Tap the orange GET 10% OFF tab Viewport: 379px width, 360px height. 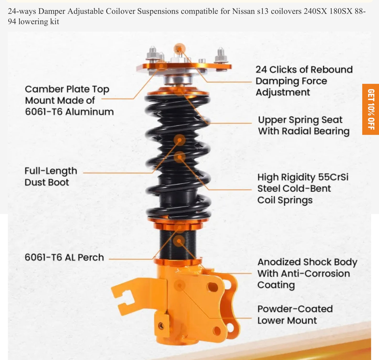coord(371,109)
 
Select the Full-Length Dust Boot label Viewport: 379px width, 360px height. coord(51,176)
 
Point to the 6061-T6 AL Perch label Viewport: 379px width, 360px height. coord(64,257)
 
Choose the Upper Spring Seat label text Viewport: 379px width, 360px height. coord(303,125)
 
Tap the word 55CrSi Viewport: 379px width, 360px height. coord(333,177)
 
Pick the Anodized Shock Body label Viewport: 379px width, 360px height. coord(307,273)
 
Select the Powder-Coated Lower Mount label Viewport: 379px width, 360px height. coord(295,314)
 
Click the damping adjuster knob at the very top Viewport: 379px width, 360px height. coord(179,49)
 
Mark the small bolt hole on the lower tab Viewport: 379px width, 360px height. coord(161,326)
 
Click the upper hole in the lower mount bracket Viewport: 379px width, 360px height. coord(212,287)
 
